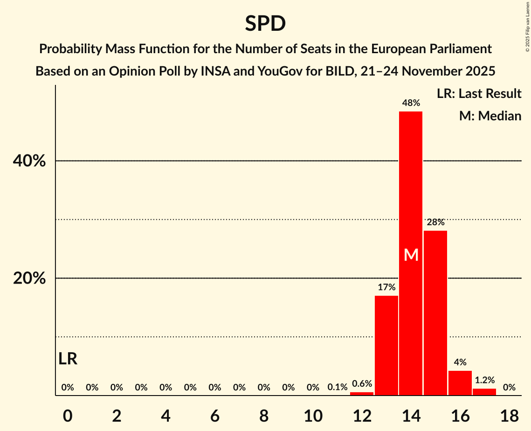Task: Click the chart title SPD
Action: coord(265,23)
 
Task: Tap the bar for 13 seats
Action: coord(386,345)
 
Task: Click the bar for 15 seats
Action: coord(435,313)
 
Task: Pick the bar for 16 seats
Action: coord(460,383)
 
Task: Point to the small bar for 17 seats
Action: coord(484,392)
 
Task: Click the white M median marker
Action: coord(411,255)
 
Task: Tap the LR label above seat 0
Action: coord(68,359)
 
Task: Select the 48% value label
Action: coord(411,103)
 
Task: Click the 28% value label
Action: coord(435,222)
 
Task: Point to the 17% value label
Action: coord(386,287)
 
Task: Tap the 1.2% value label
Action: coord(484,380)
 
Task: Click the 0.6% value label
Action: coord(362,384)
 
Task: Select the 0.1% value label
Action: coord(338,387)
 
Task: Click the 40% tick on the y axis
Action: coord(29,161)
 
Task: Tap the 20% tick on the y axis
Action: coord(29,278)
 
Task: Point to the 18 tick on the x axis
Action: coord(509,414)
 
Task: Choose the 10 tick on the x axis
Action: coord(313,414)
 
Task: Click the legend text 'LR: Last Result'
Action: coord(479,94)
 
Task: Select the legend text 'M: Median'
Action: coord(490,116)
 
